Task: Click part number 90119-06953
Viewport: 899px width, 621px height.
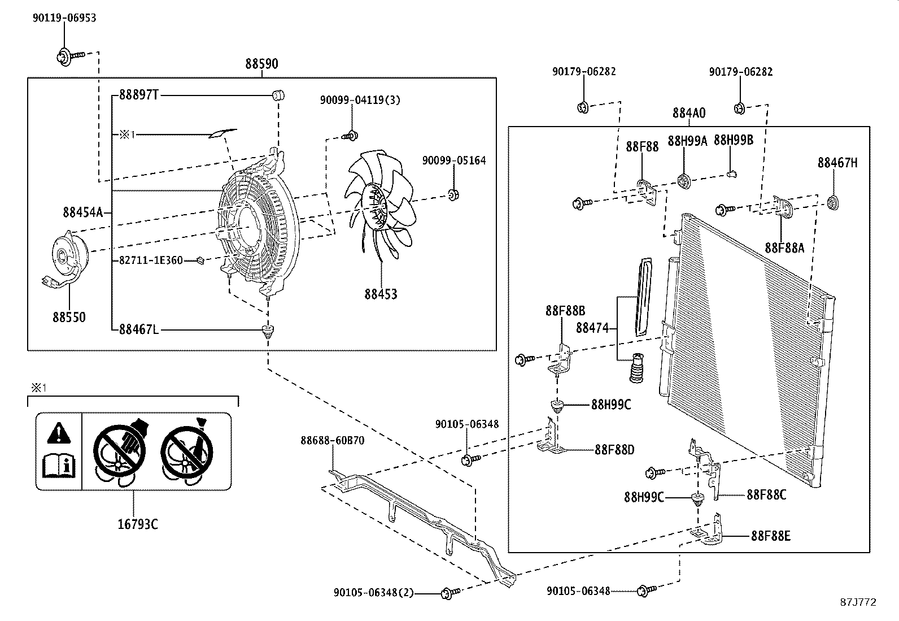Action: (64, 18)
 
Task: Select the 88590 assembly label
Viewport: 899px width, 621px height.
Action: (261, 64)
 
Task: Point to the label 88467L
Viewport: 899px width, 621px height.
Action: (138, 329)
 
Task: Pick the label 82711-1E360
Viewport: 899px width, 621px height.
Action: (151, 260)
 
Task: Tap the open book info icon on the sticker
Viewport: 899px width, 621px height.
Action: (59, 466)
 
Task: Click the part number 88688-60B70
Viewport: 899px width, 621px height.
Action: (332, 441)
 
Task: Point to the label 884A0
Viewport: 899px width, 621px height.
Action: (688, 113)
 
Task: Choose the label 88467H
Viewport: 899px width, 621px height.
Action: (837, 163)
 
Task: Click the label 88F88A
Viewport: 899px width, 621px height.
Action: (784, 247)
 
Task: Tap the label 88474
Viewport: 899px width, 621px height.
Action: (592, 328)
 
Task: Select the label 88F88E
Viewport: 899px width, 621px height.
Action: (771, 536)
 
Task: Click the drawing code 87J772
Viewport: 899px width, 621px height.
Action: (858, 602)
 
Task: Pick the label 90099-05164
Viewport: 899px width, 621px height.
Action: (453, 161)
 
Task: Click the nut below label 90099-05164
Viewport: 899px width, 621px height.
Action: (453, 195)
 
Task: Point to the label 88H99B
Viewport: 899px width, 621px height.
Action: (734, 141)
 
